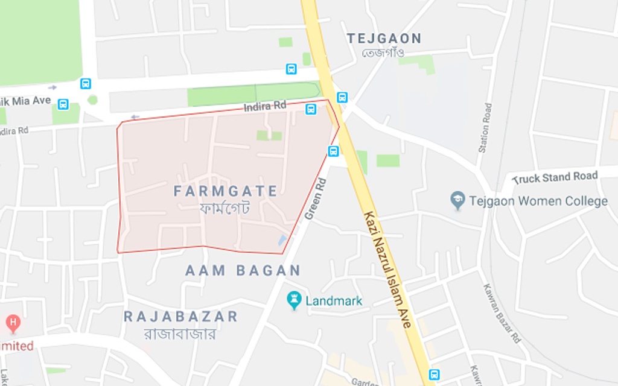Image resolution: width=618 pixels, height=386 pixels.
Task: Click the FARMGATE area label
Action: [226, 192]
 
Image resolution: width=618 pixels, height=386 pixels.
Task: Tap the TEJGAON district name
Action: [384, 39]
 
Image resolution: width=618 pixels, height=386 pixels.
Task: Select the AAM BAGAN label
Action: [243, 270]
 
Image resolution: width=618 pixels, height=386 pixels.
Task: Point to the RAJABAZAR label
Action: [180, 317]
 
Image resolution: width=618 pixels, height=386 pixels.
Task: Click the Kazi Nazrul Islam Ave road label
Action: [387, 269]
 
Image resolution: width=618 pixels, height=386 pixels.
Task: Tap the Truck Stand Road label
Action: [555, 177]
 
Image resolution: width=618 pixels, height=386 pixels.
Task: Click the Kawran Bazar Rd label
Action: [501, 313]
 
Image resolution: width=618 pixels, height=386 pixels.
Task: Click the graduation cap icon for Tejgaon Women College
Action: [458, 200]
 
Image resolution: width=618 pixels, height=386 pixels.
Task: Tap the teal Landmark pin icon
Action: [294, 300]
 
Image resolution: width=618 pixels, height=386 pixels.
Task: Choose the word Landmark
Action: [334, 301]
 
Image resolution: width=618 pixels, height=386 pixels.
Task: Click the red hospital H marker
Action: [13, 322]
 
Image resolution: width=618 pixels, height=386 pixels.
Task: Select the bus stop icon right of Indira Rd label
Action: [311, 109]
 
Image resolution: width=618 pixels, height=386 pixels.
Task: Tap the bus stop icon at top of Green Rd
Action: [333, 151]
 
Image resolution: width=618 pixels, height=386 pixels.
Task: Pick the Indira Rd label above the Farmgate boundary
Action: [265, 106]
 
